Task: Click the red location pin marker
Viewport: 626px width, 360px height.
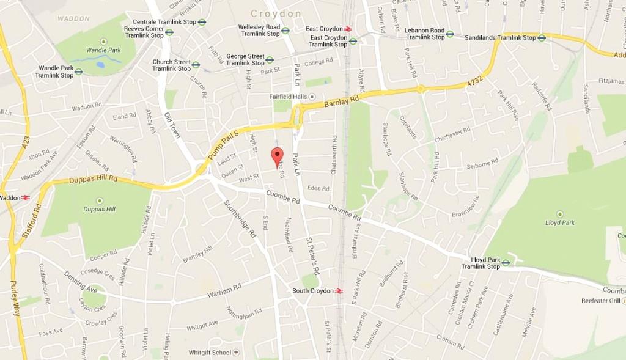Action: [x=278, y=156]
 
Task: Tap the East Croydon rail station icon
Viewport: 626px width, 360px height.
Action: [x=347, y=29]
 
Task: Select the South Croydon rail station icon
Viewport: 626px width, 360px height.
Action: [x=339, y=291]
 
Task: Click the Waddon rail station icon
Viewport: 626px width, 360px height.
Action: [x=26, y=197]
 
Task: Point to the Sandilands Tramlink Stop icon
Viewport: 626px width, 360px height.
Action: [x=542, y=38]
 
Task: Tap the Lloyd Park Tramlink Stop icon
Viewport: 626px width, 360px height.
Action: [x=506, y=263]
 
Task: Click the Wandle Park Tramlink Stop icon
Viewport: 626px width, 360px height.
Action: [x=79, y=72]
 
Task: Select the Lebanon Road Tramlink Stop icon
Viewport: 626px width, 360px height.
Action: [x=450, y=34]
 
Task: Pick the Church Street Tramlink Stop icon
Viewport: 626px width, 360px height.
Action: [x=196, y=65]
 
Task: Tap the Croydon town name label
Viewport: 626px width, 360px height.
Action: [x=276, y=13]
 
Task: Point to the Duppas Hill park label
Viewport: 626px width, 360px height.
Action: [x=99, y=209]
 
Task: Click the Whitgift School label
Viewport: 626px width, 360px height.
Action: [x=210, y=353]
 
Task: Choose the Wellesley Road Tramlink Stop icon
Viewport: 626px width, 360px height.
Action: [x=285, y=30]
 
